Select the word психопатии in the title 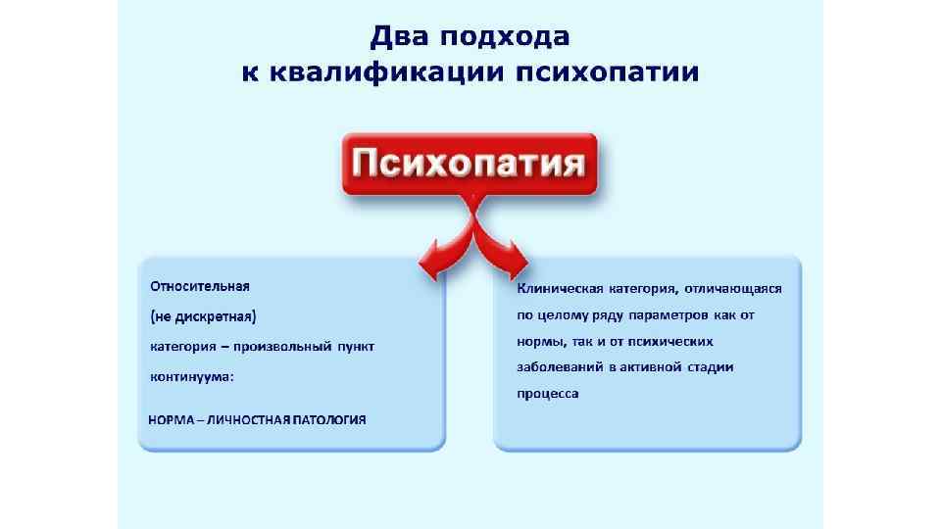(608, 73)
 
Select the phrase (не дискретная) (202, 316)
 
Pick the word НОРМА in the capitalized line (171, 420)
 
